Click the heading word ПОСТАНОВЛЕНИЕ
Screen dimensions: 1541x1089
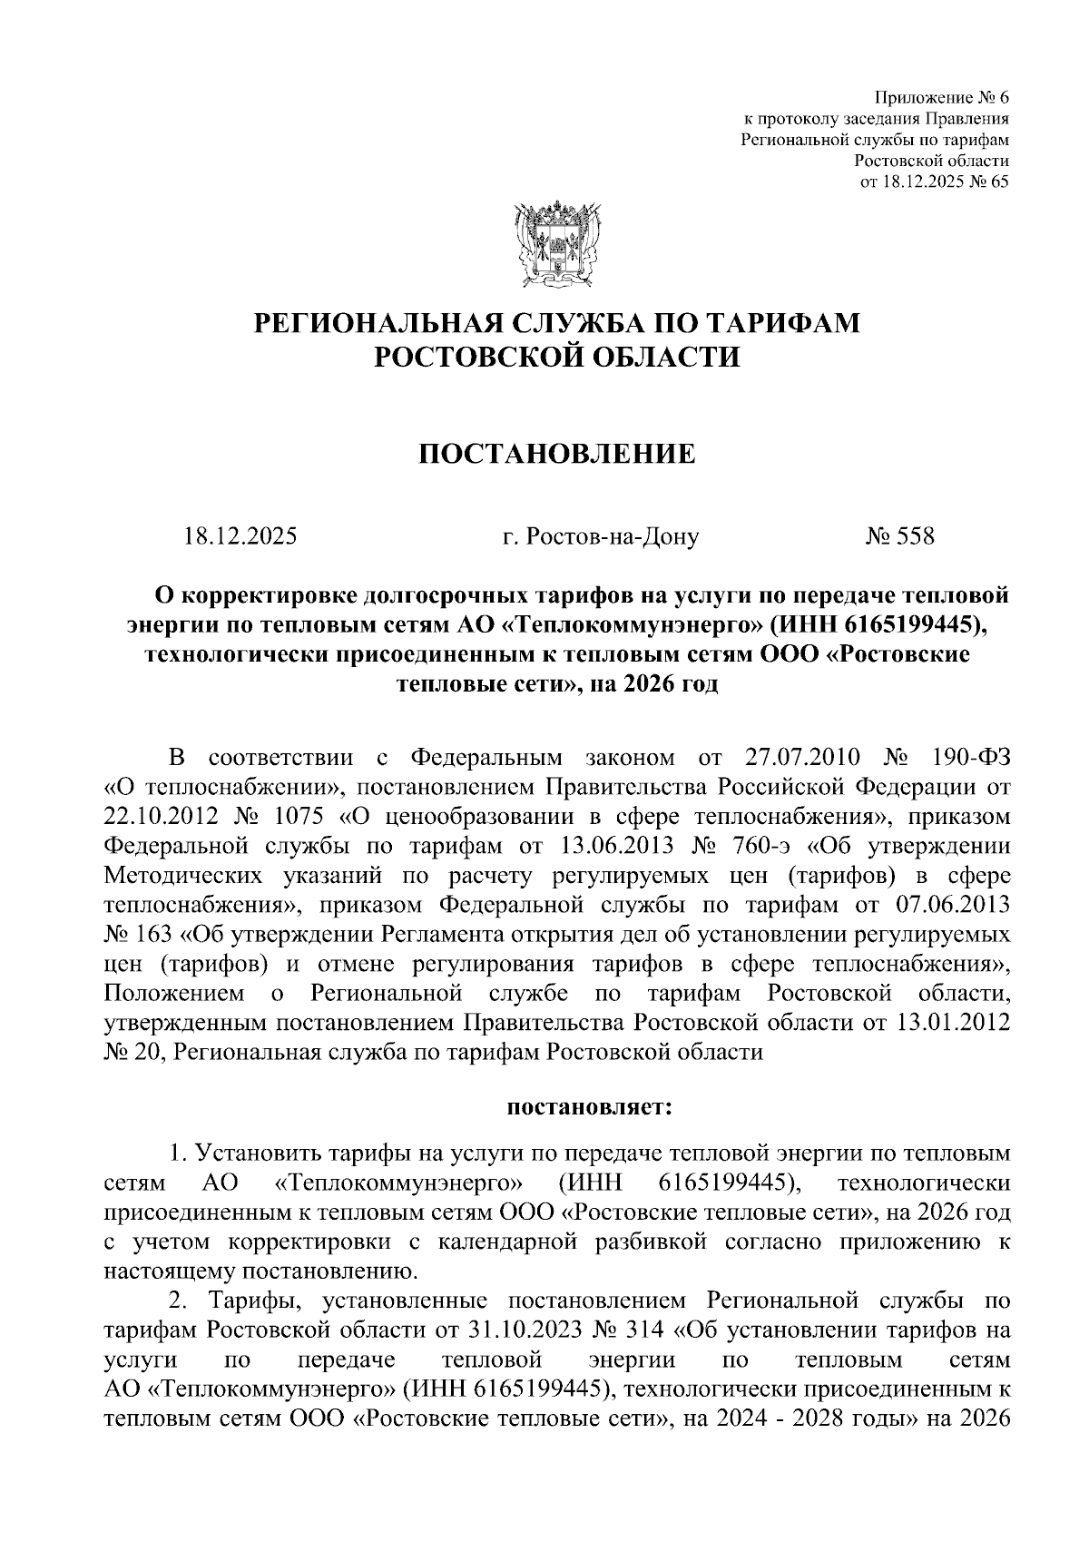point(556,453)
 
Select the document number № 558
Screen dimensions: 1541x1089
point(899,536)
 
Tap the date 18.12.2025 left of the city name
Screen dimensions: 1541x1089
point(240,536)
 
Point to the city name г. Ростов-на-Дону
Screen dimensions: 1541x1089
point(601,536)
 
